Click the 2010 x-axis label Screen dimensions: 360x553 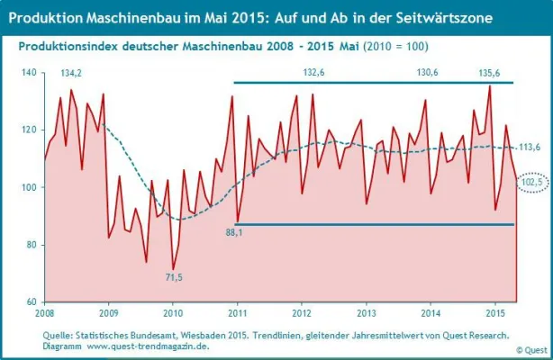(x=172, y=313)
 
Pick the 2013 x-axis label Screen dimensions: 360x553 (x=365, y=313)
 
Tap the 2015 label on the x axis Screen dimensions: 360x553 (x=494, y=313)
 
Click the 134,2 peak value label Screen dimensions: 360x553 (x=71, y=73)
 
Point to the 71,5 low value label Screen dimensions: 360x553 (x=171, y=278)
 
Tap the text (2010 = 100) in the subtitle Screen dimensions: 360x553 (x=393, y=46)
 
